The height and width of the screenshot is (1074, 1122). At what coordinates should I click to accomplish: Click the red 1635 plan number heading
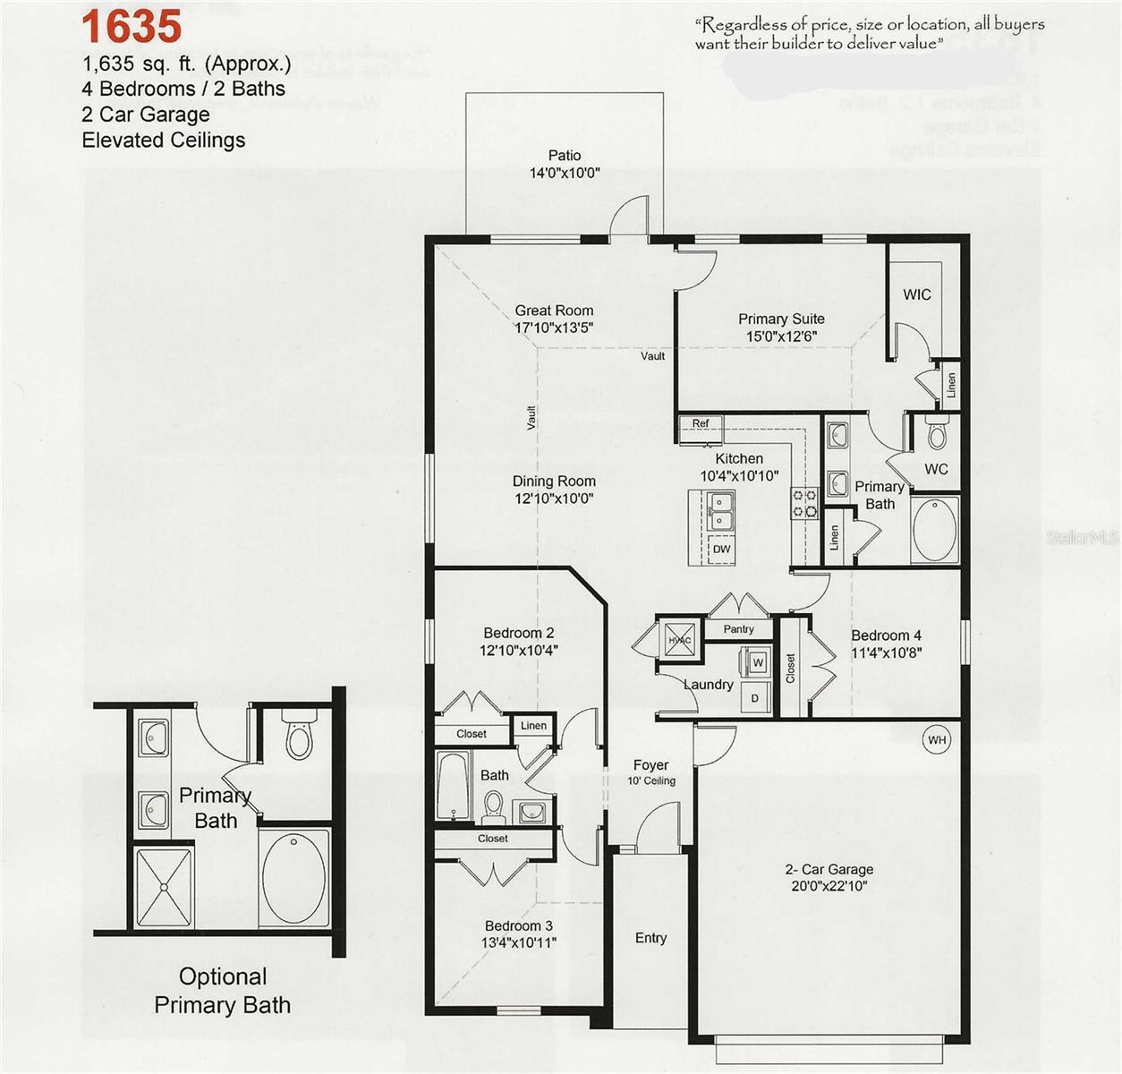[132, 26]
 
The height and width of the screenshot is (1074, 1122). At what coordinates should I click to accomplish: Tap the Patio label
[565, 156]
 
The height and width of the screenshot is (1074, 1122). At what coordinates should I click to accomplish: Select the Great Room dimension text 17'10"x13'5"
[554, 328]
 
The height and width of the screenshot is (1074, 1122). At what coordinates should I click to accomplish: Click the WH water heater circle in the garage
[937, 739]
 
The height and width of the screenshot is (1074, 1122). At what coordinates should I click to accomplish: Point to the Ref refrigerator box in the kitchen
[701, 423]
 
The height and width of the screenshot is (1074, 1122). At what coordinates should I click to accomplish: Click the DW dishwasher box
[721, 549]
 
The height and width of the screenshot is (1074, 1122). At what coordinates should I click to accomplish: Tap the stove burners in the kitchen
[803, 503]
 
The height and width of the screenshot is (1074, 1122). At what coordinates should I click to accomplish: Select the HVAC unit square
[680, 639]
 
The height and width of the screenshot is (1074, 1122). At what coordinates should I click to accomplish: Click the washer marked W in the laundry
[757, 663]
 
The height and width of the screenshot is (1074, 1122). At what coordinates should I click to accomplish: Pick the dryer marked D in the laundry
[754, 698]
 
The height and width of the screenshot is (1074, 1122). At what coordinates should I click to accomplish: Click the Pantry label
[738, 629]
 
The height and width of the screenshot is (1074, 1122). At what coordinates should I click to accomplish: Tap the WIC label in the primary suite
[917, 294]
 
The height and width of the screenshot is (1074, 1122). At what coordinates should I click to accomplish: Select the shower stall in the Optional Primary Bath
[163, 886]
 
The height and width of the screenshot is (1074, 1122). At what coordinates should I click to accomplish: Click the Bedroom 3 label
[519, 925]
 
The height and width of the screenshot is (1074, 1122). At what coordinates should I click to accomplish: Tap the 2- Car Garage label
[829, 869]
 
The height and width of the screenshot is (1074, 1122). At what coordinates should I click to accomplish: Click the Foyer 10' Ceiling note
[650, 780]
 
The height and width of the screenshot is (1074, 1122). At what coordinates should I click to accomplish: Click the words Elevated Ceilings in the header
[163, 140]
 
